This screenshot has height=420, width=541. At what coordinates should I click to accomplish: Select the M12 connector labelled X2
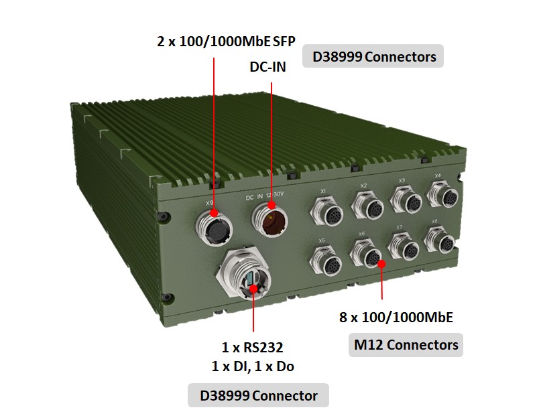pos(366,204)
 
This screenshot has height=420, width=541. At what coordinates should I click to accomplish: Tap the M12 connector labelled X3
pos(405,198)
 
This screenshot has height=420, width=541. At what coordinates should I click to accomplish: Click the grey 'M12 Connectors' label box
pos(406,345)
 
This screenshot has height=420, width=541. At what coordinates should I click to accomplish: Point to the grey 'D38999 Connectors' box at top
pos(373,57)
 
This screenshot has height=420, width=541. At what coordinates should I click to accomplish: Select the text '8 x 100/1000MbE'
pos(396,318)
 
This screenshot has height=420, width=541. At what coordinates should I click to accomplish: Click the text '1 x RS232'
pos(253,348)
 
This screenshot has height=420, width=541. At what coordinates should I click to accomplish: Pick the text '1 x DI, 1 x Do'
pos(253,366)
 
